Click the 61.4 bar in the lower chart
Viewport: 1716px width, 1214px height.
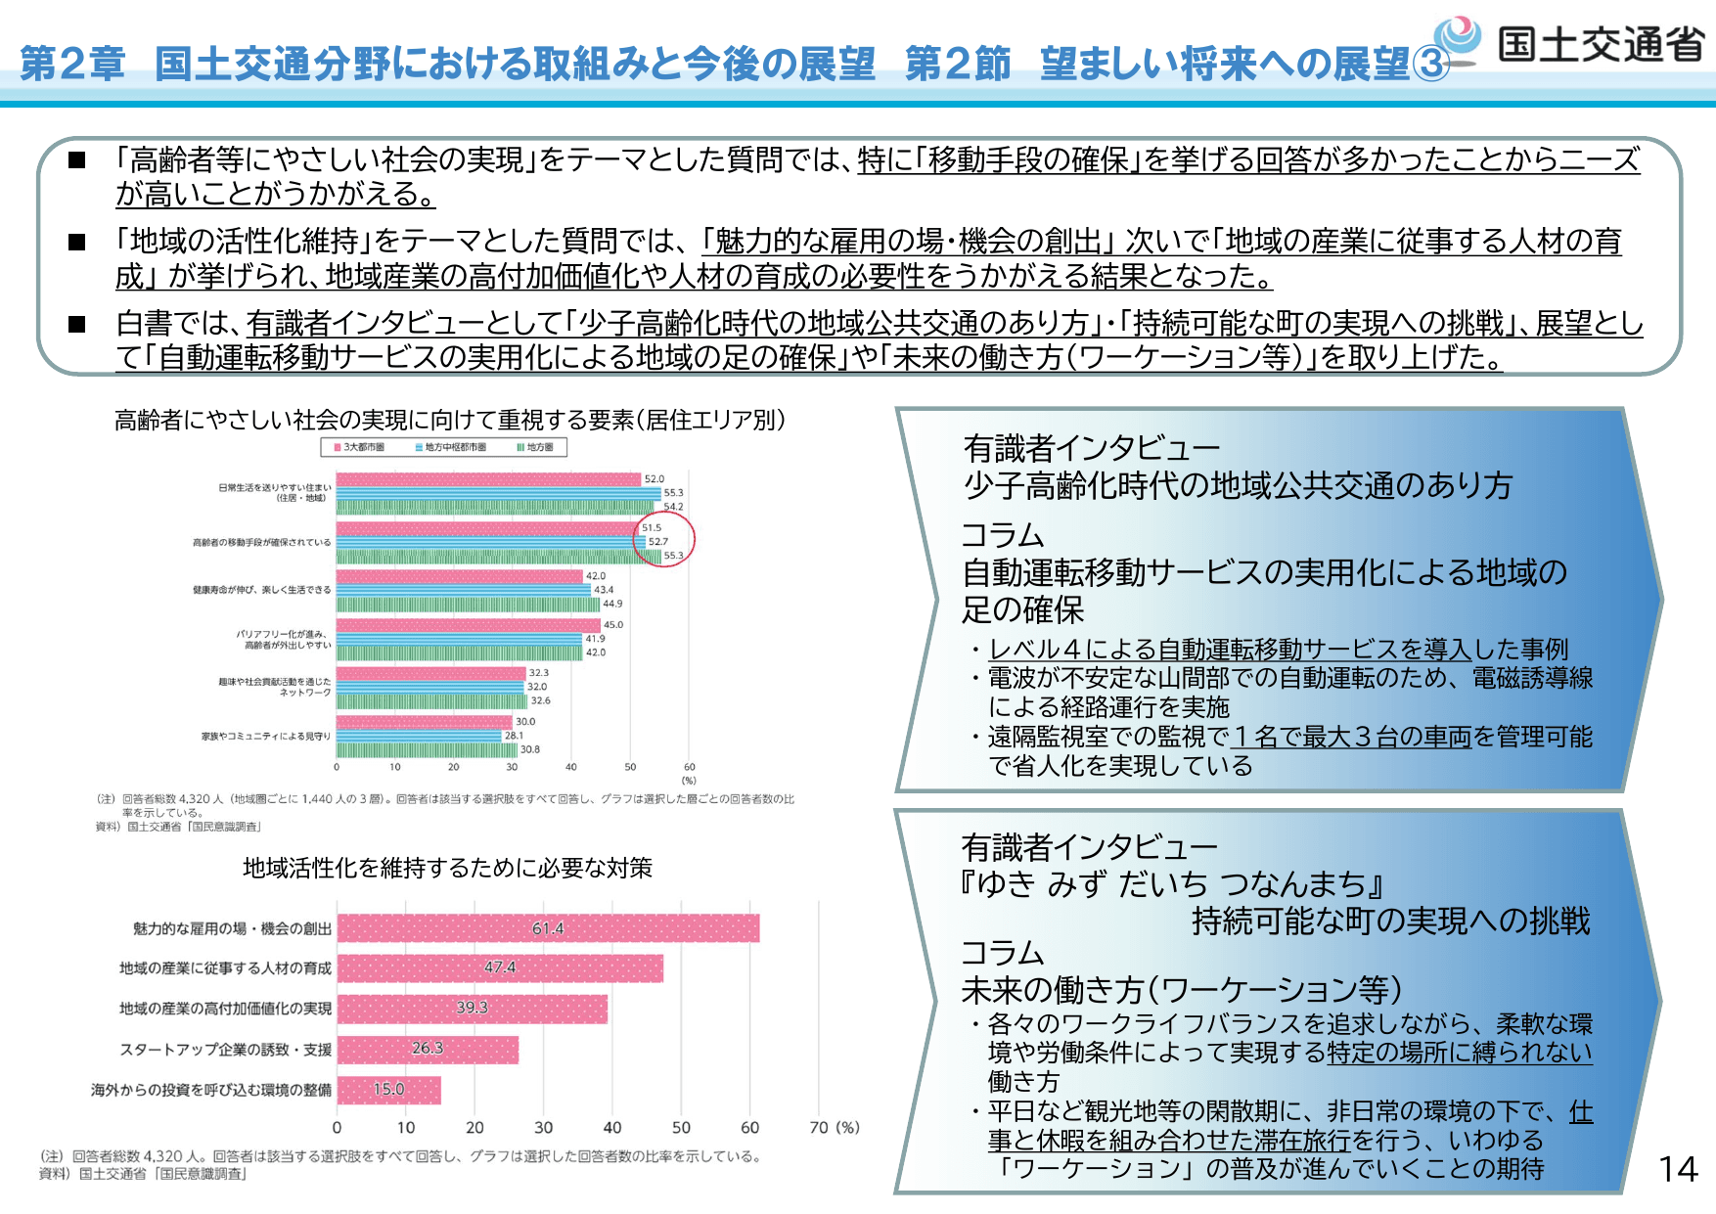tap(548, 928)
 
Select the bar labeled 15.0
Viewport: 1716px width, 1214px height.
tap(388, 1090)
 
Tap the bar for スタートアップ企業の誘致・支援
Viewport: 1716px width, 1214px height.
tap(428, 1050)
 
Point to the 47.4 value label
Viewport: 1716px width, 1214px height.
tap(500, 967)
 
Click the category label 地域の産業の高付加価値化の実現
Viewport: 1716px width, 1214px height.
tap(225, 1009)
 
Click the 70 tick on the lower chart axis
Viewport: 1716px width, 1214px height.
tap(819, 1128)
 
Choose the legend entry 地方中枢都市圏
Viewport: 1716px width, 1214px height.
tap(451, 447)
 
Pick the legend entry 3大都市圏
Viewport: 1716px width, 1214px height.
tap(359, 447)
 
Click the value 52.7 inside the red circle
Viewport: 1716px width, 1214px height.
tap(658, 541)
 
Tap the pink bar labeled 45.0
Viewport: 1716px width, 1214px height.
tap(468, 625)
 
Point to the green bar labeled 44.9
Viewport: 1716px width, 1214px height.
tap(468, 604)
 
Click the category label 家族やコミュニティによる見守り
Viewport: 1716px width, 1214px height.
tap(266, 736)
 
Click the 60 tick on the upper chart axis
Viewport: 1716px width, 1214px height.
tap(689, 767)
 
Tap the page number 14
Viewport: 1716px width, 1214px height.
tap(1678, 1169)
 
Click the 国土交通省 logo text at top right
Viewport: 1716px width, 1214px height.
tap(1601, 44)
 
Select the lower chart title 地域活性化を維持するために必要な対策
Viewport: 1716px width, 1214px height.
tap(447, 868)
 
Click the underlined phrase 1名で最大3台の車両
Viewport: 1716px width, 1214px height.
tap(1351, 737)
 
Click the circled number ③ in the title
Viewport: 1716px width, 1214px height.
tap(1430, 65)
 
